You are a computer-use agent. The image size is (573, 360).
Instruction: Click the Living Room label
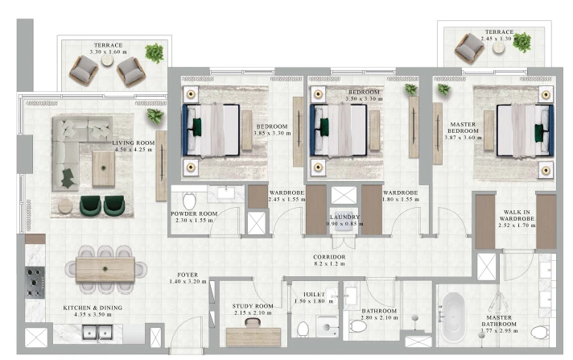coord(134,143)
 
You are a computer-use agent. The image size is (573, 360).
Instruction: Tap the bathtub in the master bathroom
coord(453,317)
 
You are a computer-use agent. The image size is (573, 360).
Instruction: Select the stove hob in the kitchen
coord(35,283)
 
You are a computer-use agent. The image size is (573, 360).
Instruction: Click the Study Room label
coord(253,306)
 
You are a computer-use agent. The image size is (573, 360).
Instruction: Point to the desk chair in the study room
coord(253,322)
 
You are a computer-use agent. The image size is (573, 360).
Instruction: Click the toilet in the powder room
coord(189,201)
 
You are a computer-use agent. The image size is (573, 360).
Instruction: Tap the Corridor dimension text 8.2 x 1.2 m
coord(329,263)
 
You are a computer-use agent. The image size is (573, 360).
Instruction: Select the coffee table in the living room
coord(104,168)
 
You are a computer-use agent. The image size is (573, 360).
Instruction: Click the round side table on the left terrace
coord(108,60)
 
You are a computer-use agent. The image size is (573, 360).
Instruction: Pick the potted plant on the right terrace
coord(521,42)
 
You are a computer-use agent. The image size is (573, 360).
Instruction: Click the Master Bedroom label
coord(463,128)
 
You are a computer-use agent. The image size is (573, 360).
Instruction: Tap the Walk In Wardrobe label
coord(517,215)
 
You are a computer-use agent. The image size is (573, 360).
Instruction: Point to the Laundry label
coord(344,217)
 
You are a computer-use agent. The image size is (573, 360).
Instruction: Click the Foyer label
coord(188,275)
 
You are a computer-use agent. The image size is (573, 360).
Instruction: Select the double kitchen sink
coord(97,333)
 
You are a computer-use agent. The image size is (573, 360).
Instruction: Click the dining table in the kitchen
coord(105,270)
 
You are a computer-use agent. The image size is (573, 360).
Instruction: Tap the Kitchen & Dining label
coord(93,308)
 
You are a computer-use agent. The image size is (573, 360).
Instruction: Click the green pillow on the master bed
coord(538,133)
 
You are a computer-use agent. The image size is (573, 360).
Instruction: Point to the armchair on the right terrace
coord(469,48)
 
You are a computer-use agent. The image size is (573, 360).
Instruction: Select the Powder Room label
coord(194,213)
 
